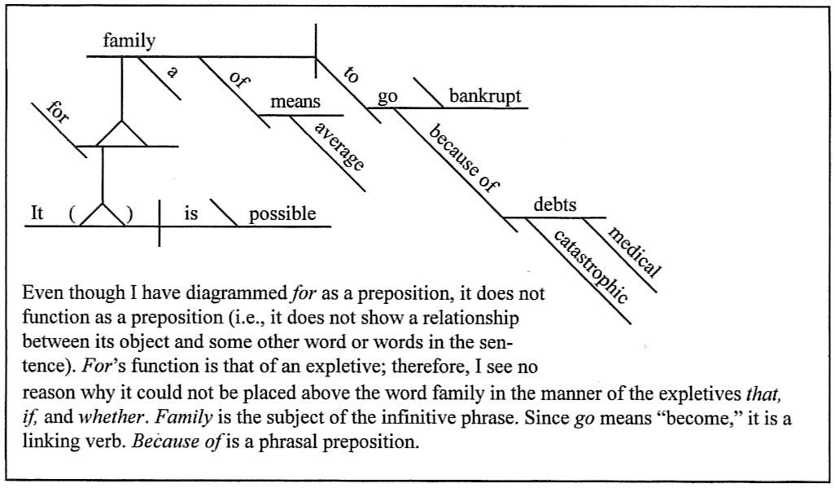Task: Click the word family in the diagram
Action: point(129,42)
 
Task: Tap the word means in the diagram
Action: point(295,103)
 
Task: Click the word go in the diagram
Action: point(387,96)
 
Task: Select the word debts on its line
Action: point(555,205)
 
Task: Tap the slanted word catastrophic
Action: point(589,267)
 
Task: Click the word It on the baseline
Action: point(37,213)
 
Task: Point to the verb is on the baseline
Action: point(191,214)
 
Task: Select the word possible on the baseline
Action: point(282,214)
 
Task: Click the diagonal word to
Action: point(352,76)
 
